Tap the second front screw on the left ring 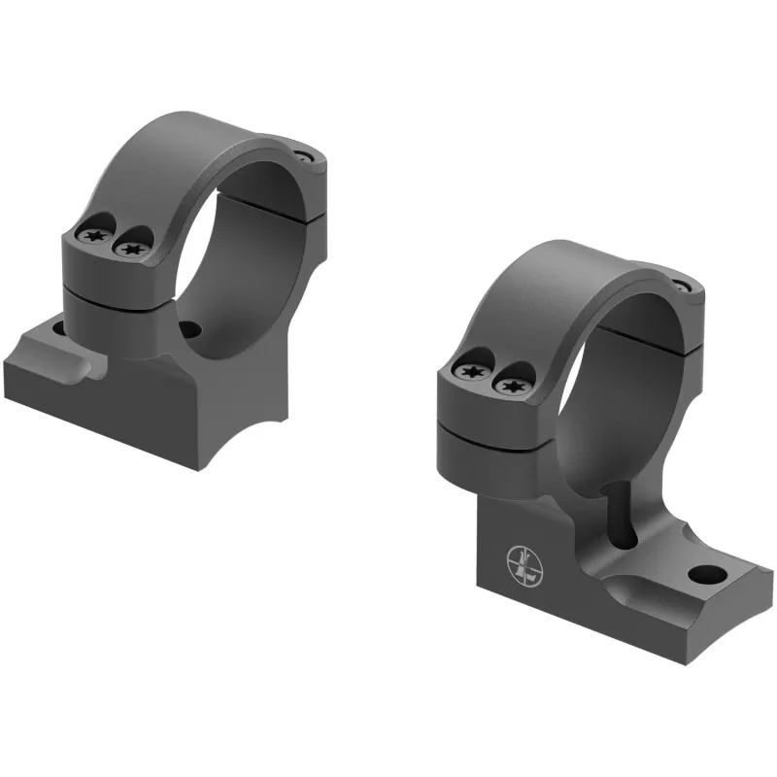point(128,250)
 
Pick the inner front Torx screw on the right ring point(508,386)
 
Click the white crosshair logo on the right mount point(522,562)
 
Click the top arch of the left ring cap point(194,136)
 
